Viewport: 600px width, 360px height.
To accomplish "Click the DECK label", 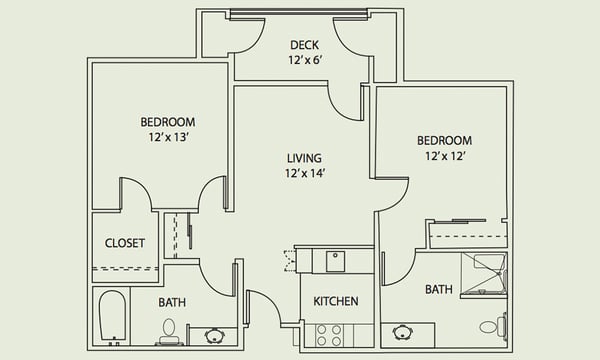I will point(304,45).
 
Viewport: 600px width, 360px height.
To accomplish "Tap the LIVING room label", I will point(303,158).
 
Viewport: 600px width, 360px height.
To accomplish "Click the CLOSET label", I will point(125,243).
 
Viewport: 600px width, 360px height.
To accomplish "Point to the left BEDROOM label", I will point(167,122).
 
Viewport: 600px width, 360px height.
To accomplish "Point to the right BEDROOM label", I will point(444,140).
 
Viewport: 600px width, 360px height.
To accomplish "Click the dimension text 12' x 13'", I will point(167,138).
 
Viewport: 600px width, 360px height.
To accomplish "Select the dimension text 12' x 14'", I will point(303,173).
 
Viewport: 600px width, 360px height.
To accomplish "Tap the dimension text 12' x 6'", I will point(304,60).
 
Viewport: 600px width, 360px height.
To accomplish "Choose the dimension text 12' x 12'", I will point(444,156).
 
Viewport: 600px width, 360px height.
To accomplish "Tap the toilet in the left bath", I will point(169,330).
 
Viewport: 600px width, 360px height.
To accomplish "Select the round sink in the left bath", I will point(215,335).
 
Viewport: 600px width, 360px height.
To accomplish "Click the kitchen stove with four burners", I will point(329,334).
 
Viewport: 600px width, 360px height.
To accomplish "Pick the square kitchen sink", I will point(335,261).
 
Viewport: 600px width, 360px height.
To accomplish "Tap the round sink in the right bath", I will point(405,331).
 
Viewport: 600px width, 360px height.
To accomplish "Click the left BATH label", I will point(172,301).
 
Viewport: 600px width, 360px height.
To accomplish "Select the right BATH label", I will point(438,290).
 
